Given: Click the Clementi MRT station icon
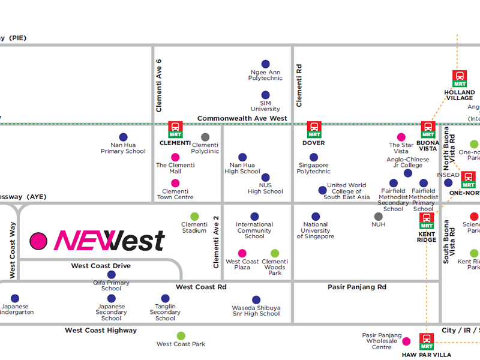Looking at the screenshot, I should tap(175, 130).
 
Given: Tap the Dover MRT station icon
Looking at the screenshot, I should tap(314, 130).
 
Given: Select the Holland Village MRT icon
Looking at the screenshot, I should tap(460, 79).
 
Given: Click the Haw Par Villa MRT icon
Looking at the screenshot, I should tap(427, 341).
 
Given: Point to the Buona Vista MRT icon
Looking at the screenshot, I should tap(428, 130).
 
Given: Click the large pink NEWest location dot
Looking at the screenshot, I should tap(38, 241).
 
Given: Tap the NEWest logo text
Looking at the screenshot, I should tap(109, 241).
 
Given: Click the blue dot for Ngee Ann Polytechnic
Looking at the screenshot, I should tap(265, 64).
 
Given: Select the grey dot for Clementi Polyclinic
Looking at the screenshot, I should tap(205, 137).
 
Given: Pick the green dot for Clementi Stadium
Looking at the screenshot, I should tap(194, 217).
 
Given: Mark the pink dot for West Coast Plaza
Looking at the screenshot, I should tap(242, 254).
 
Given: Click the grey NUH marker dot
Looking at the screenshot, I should tap(378, 217).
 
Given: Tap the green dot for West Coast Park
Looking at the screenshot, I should tap(181, 336).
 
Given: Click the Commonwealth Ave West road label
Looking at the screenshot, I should tap(242, 119).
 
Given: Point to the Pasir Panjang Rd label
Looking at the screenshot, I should tap(357, 287).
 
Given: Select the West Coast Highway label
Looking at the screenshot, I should tap(101, 331).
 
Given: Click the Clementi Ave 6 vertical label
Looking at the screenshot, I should tap(159, 85).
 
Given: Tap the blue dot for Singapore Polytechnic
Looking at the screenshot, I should tap(314, 157).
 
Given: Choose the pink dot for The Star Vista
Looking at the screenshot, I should tap(401, 137).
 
